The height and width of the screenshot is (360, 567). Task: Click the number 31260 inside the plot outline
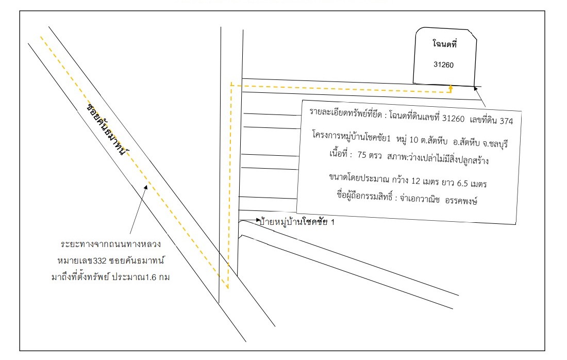[x=443, y=65]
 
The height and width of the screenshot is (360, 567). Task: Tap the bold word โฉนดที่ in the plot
[x=445, y=44]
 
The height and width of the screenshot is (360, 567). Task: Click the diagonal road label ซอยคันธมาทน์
[x=107, y=129]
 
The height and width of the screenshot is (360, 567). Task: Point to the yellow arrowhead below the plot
[x=451, y=87]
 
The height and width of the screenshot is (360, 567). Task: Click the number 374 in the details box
[x=506, y=121]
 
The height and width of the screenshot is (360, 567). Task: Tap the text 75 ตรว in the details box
[x=369, y=155]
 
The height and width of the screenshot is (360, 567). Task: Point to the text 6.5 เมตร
[x=472, y=183]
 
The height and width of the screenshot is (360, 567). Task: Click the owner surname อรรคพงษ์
[x=461, y=200]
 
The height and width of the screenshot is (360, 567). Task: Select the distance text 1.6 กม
[x=157, y=277]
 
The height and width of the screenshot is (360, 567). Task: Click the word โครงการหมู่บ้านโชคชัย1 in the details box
[x=352, y=136]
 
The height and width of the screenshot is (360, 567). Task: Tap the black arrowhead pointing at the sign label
[x=258, y=220]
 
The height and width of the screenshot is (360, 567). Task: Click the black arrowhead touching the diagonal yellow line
[x=146, y=187]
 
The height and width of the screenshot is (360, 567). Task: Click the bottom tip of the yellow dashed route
[x=228, y=288]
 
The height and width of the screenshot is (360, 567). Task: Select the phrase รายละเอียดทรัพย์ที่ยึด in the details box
[x=345, y=113]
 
